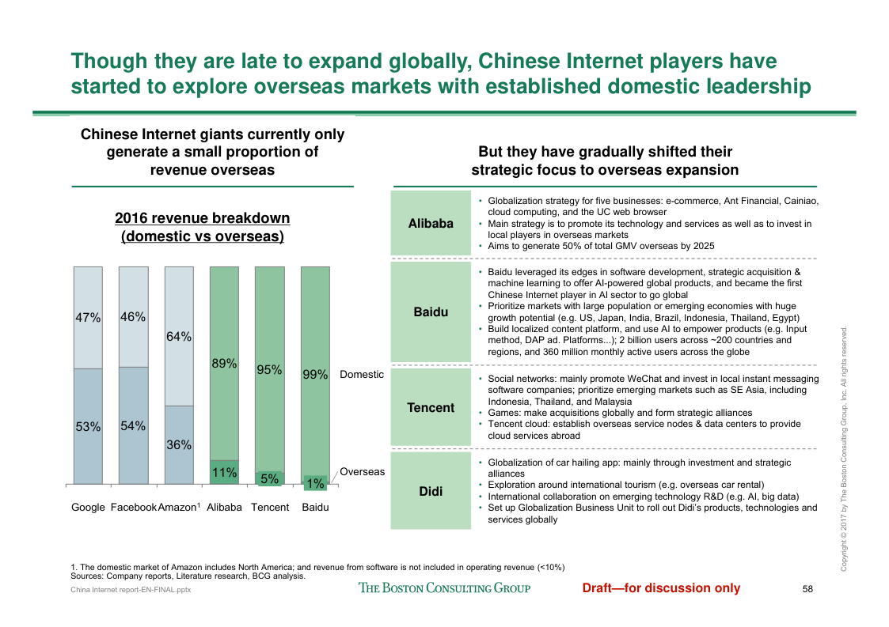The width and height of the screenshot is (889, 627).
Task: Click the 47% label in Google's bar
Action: click(88, 318)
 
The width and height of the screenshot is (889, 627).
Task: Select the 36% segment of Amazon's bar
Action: click(179, 444)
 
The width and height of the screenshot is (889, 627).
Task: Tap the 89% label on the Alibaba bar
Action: click(224, 364)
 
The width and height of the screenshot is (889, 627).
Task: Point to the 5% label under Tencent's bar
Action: click(269, 478)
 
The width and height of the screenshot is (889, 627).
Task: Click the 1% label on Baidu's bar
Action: click(315, 483)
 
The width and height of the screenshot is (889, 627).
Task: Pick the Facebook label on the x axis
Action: click(134, 507)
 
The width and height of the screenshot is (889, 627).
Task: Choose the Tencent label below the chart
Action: click(270, 507)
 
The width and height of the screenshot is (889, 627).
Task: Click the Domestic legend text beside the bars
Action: click(362, 375)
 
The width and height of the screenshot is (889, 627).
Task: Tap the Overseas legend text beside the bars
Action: click(363, 472)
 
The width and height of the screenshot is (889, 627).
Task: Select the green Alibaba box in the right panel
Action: click(431, 224)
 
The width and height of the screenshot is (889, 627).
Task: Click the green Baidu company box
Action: click(431, 312)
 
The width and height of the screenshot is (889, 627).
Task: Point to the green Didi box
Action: click(431, 491)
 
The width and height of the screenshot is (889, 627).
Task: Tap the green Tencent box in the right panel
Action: click(431, 408)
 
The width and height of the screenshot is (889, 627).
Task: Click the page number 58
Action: click(807, 588)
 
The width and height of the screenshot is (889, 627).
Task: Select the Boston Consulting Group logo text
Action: click(444, 587)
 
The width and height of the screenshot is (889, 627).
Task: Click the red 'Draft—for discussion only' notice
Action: click(661, 587)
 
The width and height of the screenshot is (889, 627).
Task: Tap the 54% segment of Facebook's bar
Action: click(133, 425)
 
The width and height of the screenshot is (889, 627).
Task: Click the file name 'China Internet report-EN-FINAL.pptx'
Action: click(131, 590)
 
